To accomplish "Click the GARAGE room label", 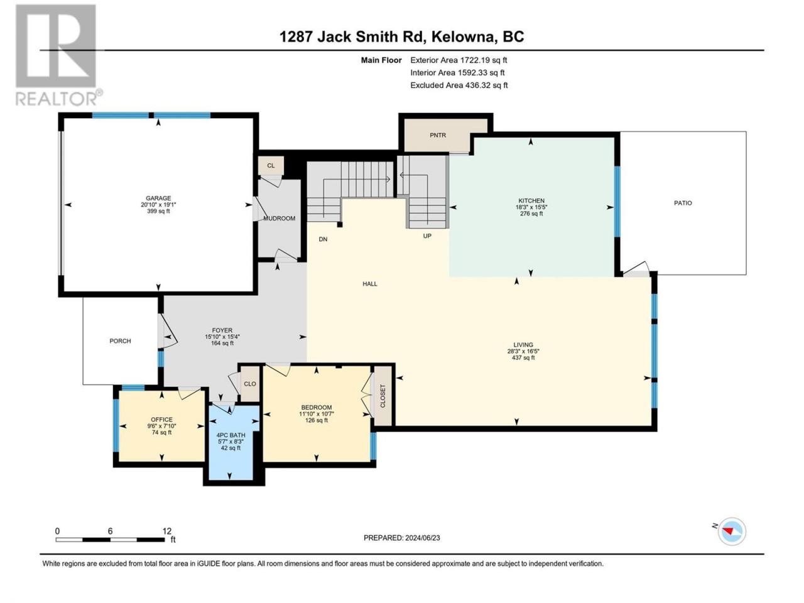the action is pos(158,198).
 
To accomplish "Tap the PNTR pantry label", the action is pos(438,135).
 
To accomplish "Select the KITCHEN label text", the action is pos(531,200).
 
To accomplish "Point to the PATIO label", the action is pos(683,203).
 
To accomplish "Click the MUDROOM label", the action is pos(279,218).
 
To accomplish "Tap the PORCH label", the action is pos(120,341).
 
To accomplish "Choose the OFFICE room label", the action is pos(161,420).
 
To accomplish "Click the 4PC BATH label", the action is pos(231,435).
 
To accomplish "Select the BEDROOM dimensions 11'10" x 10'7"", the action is pos(317,414).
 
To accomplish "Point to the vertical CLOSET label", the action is pos(383,396).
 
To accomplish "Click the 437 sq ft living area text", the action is pos(523,357).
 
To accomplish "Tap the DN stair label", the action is pos(323,239).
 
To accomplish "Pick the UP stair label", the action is pos(427,236).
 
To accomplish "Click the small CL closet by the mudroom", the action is pos(271,165).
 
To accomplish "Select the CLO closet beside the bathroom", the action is pos(250,384).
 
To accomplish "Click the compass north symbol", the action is pos(732,531).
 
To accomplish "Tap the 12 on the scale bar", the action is pos(166,531).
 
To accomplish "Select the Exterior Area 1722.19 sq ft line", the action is pos(459,60).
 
